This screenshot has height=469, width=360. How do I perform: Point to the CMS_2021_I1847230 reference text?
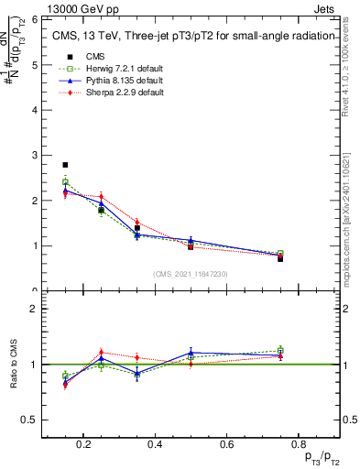point(191,274)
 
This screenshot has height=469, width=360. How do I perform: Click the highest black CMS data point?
point(65,165)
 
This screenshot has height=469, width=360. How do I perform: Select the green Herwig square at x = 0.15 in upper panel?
point(65,182)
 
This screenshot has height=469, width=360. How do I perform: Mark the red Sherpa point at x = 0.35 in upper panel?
point(136,222)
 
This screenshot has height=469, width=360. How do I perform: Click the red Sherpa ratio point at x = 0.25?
point(101,353)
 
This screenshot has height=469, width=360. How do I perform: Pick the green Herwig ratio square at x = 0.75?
point(279,350)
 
